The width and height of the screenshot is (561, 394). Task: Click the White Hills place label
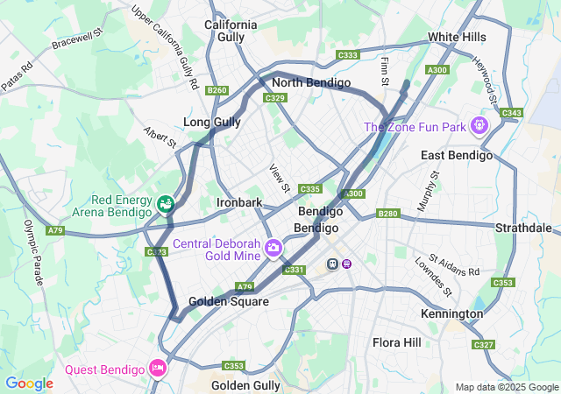coord(456,37)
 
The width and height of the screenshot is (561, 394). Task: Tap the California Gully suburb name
coord(231,31)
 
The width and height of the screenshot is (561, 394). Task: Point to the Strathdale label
coord(522,228)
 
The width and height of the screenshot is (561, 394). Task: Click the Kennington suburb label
coord(451,313)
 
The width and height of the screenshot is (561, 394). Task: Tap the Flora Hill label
coord(396,341)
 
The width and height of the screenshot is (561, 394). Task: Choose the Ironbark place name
coord(239,202)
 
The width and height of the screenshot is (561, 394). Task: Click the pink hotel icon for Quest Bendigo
coord(158,367)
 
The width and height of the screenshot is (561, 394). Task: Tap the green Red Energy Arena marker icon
coord(164,204)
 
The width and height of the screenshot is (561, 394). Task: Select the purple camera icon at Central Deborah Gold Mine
coord(274,249)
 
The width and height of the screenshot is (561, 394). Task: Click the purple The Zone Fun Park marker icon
coord(479,126)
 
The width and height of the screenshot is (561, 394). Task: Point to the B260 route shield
coord(217,90)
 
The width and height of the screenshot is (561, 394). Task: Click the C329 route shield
coord(275,98)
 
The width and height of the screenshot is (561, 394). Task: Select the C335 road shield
coord(309,188)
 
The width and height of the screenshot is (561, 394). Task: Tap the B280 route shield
coord(387,214)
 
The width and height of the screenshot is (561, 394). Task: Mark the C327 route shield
coord(484,345)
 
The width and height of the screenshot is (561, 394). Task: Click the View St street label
coord(279,178)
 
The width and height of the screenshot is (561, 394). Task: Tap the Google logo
coord(29,383)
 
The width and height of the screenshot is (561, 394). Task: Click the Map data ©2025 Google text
coord(507,387)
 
